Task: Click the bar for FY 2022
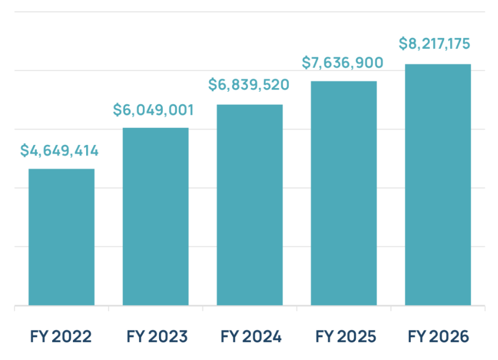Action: coord(61,237)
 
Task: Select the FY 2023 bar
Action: coord(155,216)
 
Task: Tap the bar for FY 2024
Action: coord(249,205)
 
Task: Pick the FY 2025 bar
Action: coord(343,193)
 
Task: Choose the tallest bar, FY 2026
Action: coord(438,185)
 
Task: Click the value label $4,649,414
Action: coord(59,151)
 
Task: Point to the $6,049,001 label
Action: coord(153,110)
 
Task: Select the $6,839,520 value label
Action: coord(249,85)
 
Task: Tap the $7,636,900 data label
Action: coord(342,62)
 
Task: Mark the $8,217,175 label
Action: coord(434,44)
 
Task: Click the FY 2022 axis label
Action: coord(61,336)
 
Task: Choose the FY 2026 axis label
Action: coord(438,336)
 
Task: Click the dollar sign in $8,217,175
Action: coord(403,44)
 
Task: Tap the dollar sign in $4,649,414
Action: coord(24,151)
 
